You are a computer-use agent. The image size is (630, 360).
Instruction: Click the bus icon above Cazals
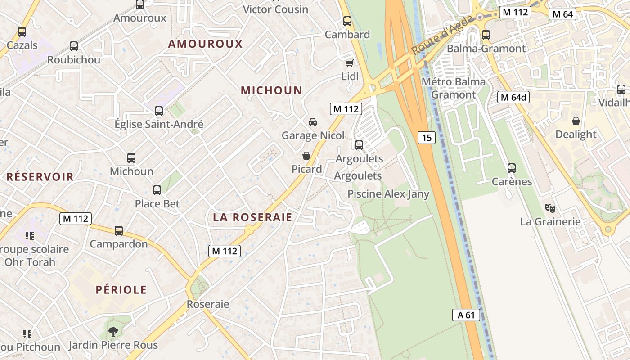coord(22,32)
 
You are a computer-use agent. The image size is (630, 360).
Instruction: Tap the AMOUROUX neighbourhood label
coord(205,44)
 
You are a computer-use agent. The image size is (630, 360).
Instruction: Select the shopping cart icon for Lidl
coord(349,63)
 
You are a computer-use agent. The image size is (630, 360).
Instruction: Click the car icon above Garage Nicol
coord(312,122)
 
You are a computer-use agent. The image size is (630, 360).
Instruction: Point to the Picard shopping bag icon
coord(306,156)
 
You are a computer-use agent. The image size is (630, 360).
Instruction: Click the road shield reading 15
coord(426,138)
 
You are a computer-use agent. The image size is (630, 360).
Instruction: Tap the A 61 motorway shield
coord(466,315)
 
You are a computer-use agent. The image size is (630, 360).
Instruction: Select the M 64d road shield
coord(513,97)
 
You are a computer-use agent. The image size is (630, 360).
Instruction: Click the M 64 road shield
coord(562,14)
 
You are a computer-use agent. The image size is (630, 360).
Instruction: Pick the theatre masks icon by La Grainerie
coord(550,208)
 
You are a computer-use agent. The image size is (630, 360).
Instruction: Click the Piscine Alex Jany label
coord(388,194)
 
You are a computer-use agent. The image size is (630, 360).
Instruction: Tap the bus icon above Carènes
coord(512,168)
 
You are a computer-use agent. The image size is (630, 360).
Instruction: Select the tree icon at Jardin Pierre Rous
coord(113,332)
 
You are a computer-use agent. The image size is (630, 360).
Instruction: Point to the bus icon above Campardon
coord(119,231)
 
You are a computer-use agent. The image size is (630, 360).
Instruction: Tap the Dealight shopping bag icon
coord(576,121)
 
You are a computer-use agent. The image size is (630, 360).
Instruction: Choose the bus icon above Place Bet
coord(157,190)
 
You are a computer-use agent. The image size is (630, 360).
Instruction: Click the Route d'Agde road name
coord(443,35)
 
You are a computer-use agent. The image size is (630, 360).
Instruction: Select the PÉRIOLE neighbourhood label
coord(121,290)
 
